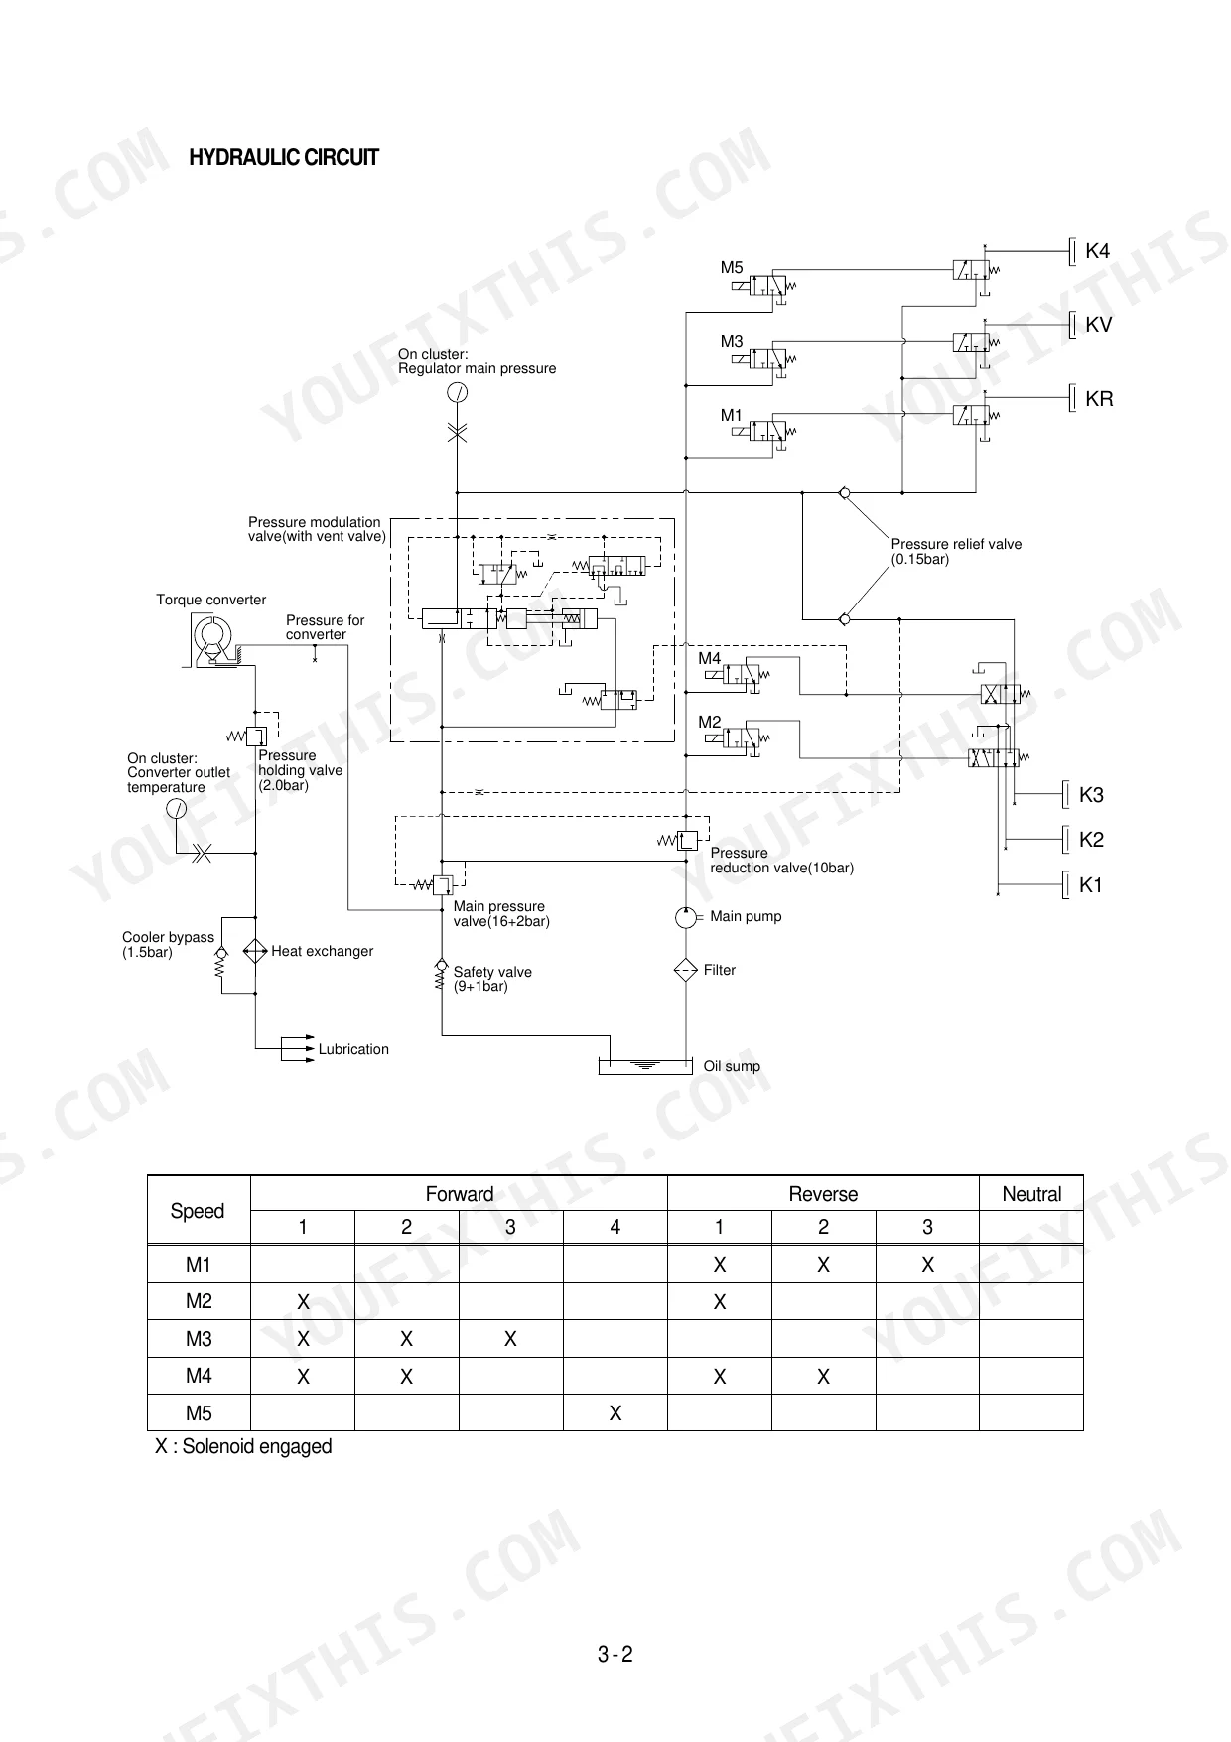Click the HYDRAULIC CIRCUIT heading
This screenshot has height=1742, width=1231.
[284, 157]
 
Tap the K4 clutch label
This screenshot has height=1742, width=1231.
[1097, 251]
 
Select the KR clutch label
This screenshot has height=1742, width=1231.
[1099, 399]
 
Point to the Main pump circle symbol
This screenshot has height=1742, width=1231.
[685, 917]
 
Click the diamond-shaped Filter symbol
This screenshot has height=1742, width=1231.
[686, 971]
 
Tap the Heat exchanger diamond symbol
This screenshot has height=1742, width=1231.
[255, 951]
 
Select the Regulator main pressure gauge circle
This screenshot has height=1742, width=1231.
[457, 392]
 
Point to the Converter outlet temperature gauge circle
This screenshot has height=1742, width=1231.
[176, 809]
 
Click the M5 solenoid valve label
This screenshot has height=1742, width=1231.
[732, 268]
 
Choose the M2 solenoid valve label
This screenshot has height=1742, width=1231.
[710, 723]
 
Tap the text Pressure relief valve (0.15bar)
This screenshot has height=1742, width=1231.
[956, 552]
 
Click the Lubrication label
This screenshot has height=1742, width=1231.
[353, 1049]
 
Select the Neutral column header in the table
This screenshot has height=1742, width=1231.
[1031, 1194]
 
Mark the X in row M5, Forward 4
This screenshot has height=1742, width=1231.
[615, 1413]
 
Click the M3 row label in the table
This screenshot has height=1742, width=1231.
[199, 1339]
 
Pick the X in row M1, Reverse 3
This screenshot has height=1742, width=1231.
[927, 1265]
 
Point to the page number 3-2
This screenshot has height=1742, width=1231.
[615, 1654]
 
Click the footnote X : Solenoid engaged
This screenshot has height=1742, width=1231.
[243, 1446]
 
